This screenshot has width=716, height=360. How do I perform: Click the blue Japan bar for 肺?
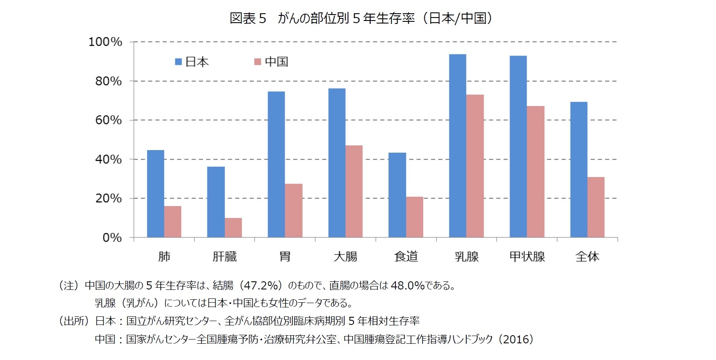coord(156,194)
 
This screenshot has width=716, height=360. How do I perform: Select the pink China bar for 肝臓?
coord(233,227)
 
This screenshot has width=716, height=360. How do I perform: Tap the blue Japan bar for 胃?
coord(276,164)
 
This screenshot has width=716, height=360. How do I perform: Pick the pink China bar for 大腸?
coord(354,191)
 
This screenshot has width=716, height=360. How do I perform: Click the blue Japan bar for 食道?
coord(397,195)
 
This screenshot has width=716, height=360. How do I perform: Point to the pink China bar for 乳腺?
coord(475,166)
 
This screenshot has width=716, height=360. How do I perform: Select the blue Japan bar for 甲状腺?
coord(518,146)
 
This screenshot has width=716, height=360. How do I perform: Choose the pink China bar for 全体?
coord(596,207)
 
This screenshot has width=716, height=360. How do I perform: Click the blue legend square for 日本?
coord(179,62)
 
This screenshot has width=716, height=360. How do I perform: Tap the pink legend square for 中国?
coord(257,62)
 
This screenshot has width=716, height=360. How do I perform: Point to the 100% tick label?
coord(105,42)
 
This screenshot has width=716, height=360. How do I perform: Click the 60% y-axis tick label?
coord(109,120)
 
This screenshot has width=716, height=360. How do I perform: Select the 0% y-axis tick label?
coord(112,238)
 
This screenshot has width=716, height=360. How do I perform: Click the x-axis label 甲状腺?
coord(527,257)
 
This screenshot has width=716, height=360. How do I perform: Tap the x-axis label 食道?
coord(406,257)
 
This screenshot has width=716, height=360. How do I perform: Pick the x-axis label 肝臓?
coord(225,257)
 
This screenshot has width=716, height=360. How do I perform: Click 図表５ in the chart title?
coord(248,18)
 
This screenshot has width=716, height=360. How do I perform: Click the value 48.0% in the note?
coord(407,285)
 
